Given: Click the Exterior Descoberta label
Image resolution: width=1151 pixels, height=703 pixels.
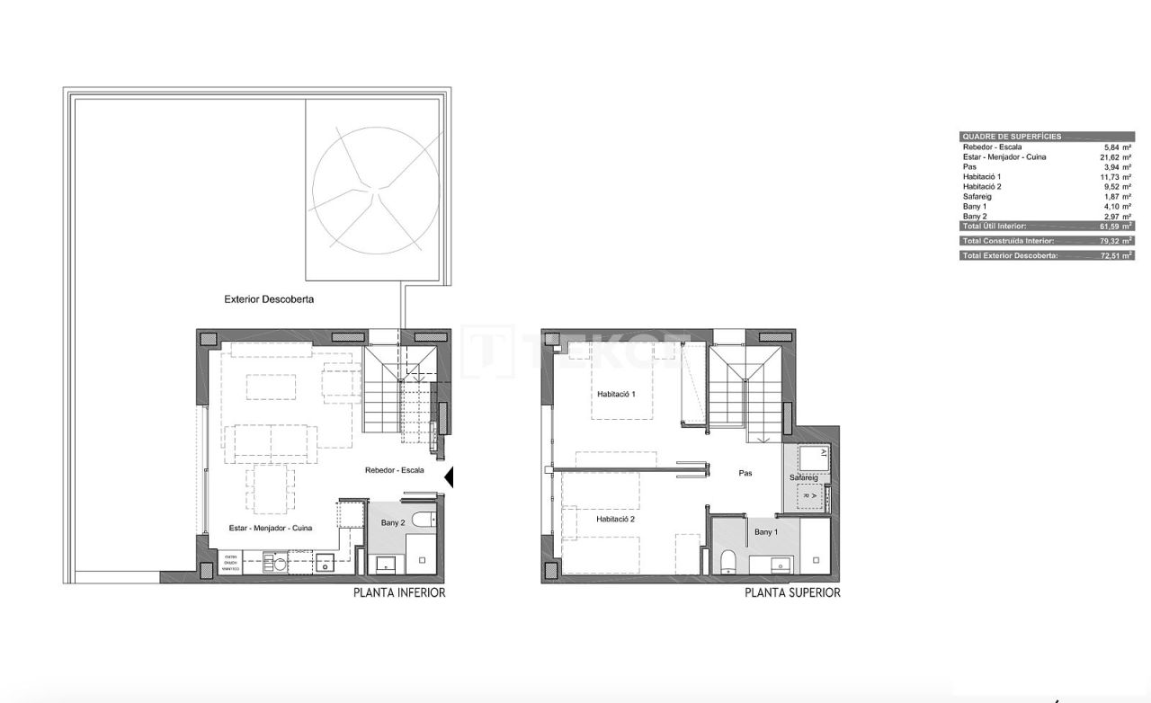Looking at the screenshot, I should (x=269, y=299).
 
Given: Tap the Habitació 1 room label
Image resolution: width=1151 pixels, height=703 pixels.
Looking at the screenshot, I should (x=616, y=395).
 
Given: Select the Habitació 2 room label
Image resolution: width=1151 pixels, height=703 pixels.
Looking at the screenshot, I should (x=616, y=520).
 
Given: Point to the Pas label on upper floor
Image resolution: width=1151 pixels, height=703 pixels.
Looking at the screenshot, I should (x=745, y=473).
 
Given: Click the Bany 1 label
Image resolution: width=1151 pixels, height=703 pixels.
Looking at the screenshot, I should (x=765, y=533).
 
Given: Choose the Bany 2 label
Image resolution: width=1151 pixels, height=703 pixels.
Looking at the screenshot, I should (x=391, y=522).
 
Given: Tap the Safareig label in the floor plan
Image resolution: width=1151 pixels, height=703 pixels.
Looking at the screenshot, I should (x=804, y=477).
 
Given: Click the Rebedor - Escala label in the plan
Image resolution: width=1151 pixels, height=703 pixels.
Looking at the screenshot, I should (x=395, y=470).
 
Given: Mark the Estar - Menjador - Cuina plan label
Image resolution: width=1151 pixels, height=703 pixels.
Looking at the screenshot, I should (x=271, y=529).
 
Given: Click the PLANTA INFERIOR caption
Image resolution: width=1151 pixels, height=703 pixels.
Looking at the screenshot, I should (x=399, y=593).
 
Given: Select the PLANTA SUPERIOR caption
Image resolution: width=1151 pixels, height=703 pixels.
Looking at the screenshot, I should (x=792, y=593).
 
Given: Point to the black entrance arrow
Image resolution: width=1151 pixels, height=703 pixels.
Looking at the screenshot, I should (x=450, y=477).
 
